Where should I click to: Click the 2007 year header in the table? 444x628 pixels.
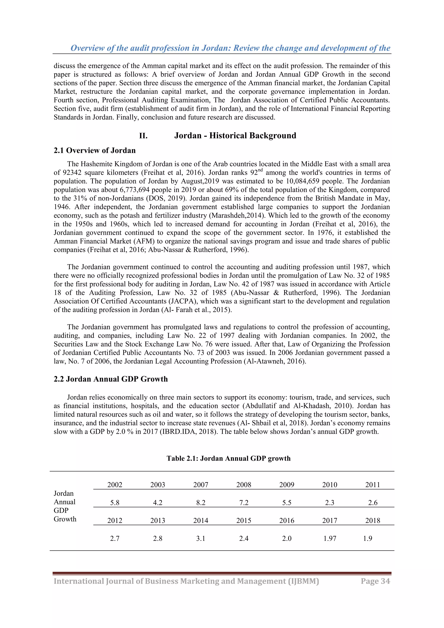tap(201, 485)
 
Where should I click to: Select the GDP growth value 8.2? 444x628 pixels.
tap(201, 502)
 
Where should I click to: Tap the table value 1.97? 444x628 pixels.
tap(330, 538)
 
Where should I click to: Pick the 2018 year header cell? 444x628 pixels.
tap(373, 520)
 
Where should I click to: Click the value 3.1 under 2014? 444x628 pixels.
tap(201, 538)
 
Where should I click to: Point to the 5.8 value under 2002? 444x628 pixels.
tap(115, 502)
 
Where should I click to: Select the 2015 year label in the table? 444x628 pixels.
tap(243, 520)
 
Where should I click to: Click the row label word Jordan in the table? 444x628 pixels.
tap(64, 493)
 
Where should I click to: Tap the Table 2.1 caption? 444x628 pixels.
tap(229, 458)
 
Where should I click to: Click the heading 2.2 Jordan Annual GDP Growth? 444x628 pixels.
tap(111, 379)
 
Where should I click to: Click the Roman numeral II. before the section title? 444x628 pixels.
tap(143, 136)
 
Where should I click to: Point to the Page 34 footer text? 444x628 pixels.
tap(375, 581)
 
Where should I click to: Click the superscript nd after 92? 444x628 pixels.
tap(260, 170)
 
